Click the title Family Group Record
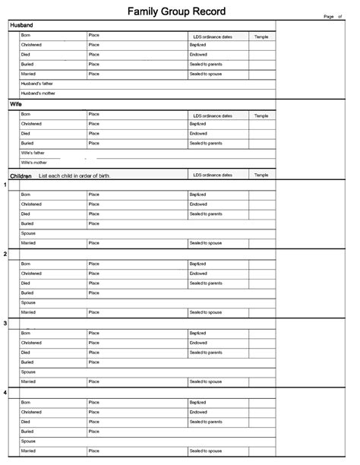click(176, 11)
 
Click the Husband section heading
click(21, 25)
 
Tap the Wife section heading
click(16, 104)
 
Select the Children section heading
click(21, 176)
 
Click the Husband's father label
click(37, 84)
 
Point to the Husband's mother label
click(37, 93)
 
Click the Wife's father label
click(33, 153)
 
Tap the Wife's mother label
click(34, 163)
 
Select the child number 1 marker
click(5, 185)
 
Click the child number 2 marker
click(5, 254)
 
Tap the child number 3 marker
click(5, 323)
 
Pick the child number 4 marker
click(5, 392)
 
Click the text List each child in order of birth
click(74, 176)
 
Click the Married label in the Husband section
click(28, 74)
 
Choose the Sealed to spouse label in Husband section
click(206, 74)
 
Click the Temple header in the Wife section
click(261, 115)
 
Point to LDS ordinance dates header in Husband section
click(212, 36)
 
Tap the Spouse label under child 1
click(29, 233)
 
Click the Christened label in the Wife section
click(31, 124)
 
